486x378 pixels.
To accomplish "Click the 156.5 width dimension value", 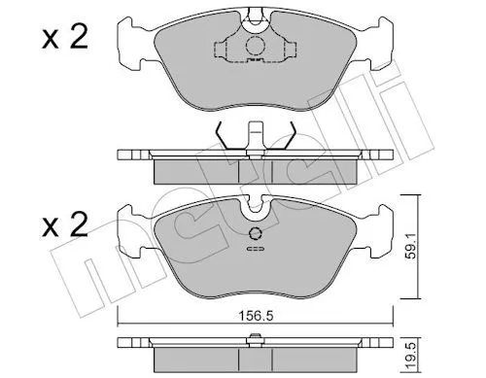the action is coord(256,315).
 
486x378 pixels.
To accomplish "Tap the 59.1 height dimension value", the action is coord(411,248).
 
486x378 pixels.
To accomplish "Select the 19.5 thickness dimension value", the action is coord(411,356).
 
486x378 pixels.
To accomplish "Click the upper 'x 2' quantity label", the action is coord(65,38).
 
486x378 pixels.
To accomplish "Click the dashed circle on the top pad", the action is coord(256,46).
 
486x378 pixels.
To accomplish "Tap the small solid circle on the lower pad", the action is coord(256,233).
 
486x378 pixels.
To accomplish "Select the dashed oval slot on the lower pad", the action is coord(256,249).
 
